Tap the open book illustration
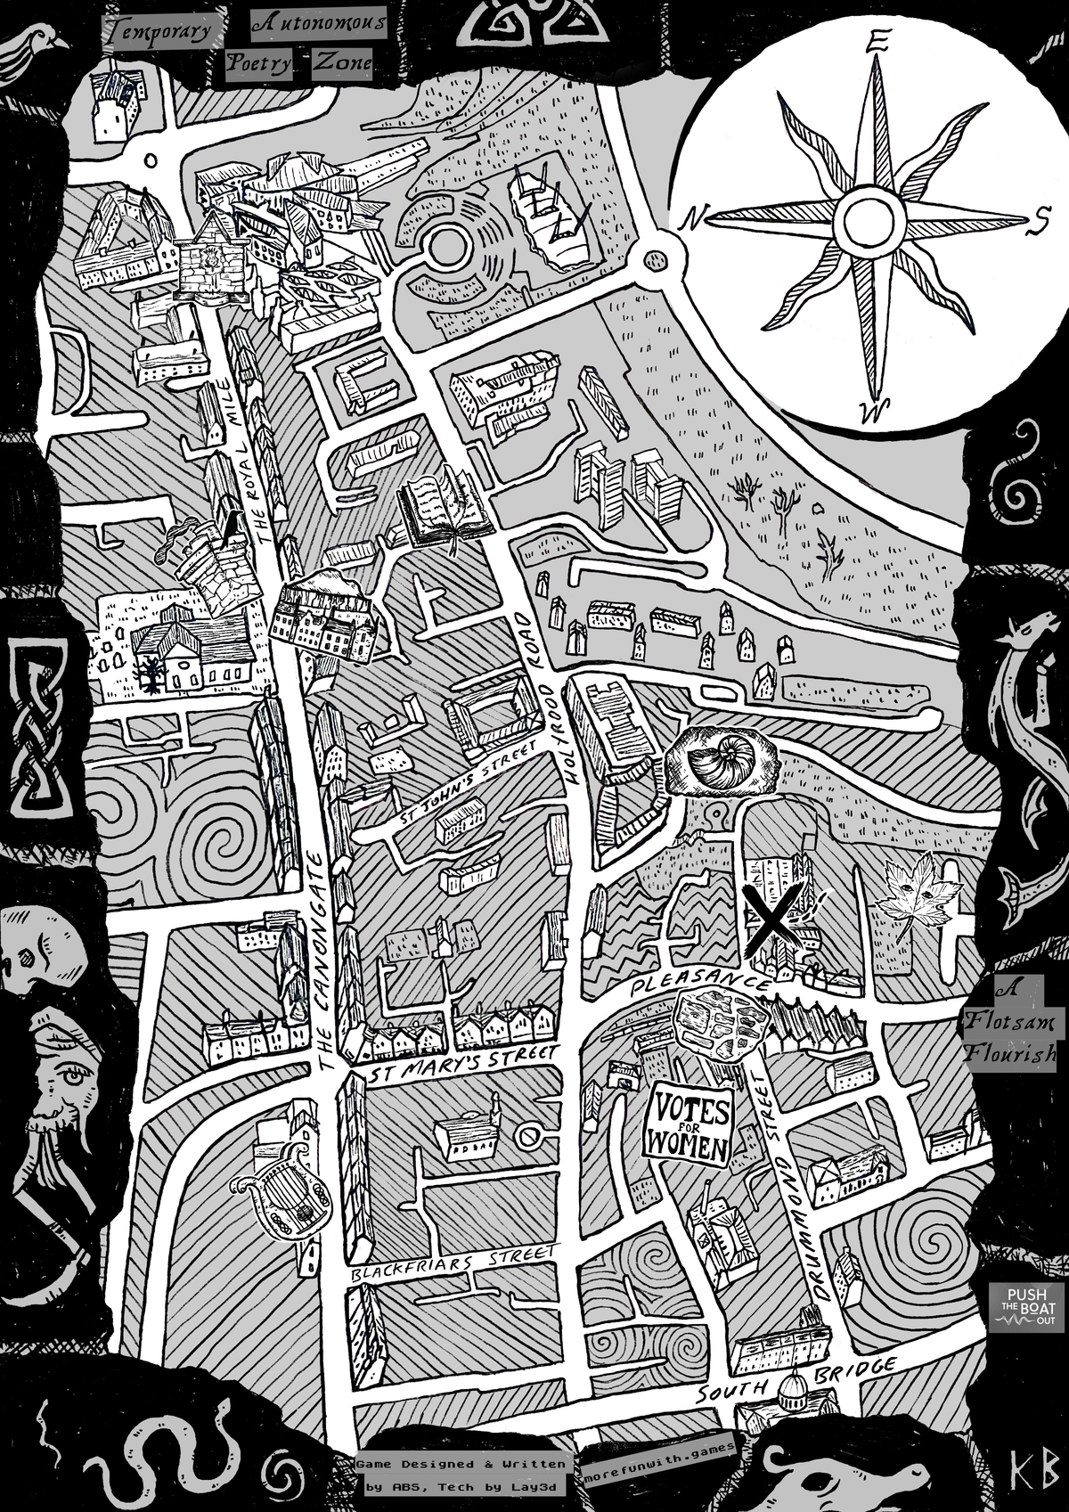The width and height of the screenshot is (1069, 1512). coord(445,508)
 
